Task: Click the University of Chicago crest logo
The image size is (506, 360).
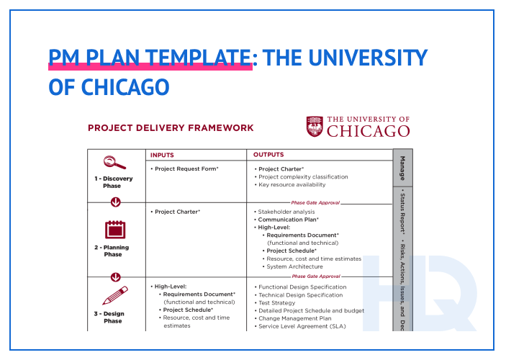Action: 315,127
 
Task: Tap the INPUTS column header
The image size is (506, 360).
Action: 162,155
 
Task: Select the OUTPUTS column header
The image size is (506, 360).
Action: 268,155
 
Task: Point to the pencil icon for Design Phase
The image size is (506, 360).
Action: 115,295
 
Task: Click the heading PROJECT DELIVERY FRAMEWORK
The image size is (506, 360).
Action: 171,128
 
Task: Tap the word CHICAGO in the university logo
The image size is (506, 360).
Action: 369,131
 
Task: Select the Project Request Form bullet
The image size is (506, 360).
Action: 186,168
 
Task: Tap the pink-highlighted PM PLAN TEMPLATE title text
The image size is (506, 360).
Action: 150,57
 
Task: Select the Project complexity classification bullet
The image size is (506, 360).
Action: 302,176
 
